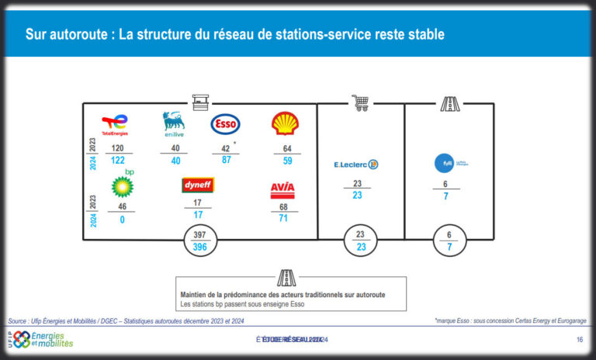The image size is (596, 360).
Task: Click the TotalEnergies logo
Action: click(x=115, y=124)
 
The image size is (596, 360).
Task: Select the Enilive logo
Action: click(x=173, y=124)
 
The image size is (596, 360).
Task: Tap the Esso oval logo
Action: click(x=225, y=124)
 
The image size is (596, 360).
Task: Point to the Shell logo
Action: click(x=283, y=123)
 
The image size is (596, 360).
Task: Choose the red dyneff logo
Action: click(x=198, y=185)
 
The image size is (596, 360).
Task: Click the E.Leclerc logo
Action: click(x=355, y=164)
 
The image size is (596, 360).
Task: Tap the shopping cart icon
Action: click(x=360, y=102)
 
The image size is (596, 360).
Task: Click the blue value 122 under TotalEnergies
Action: click(x=117, y=161)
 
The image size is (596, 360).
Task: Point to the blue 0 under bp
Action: click(x=121, y=220)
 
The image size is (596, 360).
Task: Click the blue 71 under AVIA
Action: click(x=282, y=220)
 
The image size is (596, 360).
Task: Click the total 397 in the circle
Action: click(x=199, y=234)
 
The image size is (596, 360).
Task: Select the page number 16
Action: click(x=579, y=340)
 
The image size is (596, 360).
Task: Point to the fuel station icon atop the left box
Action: click(x=199, y=102)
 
